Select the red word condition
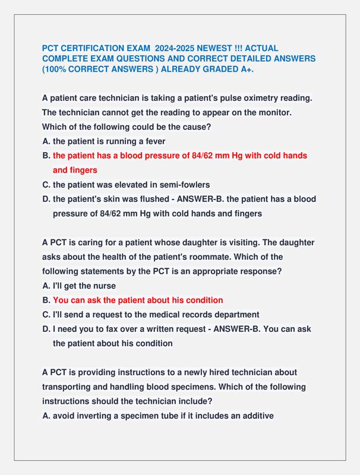click(x=203, y=300)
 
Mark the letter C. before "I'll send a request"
click(x=46, y=314)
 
